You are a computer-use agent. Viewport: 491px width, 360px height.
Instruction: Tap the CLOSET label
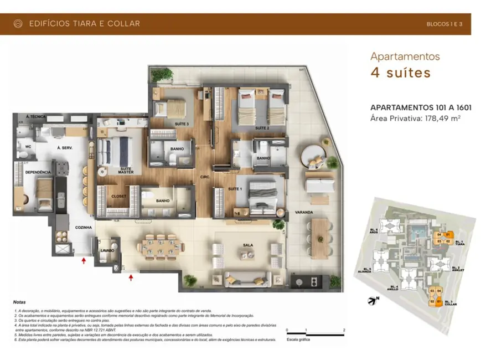[119, 196]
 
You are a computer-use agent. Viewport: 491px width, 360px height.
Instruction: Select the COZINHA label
[83, 227]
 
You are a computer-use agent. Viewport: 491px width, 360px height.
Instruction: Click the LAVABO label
[107, 250]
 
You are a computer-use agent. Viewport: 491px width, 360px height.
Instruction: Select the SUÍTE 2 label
[262, 128]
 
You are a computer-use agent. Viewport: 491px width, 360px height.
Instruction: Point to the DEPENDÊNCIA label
[38, 173]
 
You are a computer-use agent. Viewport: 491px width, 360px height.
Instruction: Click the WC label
[28, 147]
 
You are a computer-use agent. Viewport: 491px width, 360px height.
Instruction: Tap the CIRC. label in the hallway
[204, 178]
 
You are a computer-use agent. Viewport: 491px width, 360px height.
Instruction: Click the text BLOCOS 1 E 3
[445, 24]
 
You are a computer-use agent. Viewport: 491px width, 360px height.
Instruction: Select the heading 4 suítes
[400, 73]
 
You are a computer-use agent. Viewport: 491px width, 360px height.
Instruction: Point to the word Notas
[21, 302]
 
